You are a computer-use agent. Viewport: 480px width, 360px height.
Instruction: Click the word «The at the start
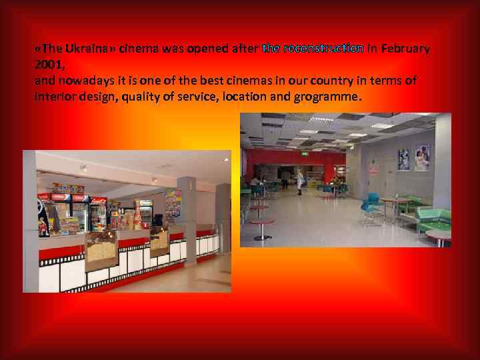point(49,49)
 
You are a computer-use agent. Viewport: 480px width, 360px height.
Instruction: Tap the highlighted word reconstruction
point(323,49)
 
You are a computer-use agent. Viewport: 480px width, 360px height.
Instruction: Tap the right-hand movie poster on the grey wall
point(423,157)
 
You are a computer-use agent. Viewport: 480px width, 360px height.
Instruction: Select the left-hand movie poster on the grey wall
point(404,159)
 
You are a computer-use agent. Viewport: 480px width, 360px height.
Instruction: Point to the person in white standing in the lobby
point(301,180)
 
